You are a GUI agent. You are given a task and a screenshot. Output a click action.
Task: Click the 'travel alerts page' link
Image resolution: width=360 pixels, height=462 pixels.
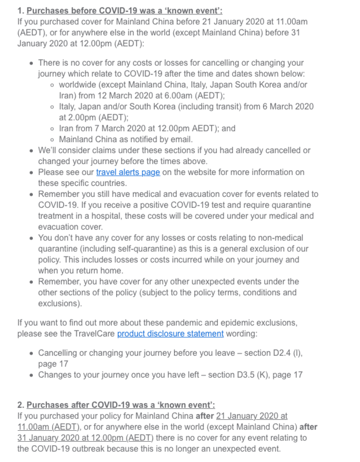pos(128,173)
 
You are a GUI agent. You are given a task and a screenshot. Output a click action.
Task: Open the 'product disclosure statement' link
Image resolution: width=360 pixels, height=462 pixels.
pos(170,334)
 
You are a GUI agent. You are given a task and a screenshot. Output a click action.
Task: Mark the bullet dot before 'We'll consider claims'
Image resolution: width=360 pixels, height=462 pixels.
pos(31,151)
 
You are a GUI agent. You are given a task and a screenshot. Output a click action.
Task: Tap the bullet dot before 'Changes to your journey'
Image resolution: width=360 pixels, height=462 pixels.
pos(31,374)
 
